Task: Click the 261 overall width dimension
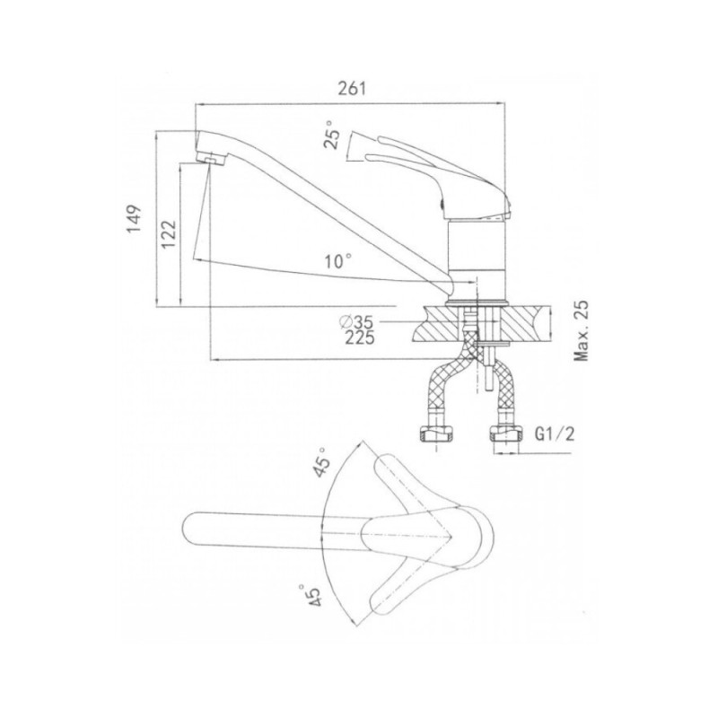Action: pyautogui.click(x=353, y=88)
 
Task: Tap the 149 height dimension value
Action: pyautogui.click(x=134, y=219)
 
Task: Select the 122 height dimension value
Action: pyautogui.click(x=169, y=234)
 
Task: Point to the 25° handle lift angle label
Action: pyautogui.click(x=333, y=135)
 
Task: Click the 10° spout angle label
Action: pyautogui.click(x=339, y=261)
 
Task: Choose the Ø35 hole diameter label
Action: pyautogui.click(x=356, y=322)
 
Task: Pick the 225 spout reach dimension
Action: pyautogui.click(x=360, y=337)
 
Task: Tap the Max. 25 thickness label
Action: pyautogui.click(x=582, y=330)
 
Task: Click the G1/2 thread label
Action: pyautogui.click(x=554, y=434)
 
